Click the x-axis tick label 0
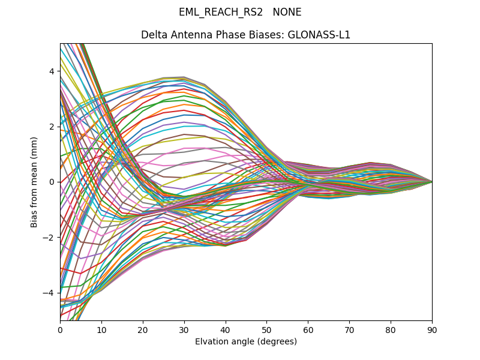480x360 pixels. pyautogui.click(x=60, y=329)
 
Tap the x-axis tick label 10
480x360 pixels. pyautogui.click(x=101, y=329)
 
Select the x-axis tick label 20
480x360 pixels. pyautogui.click(x=143, y=329)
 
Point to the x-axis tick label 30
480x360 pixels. pyautogui.click(x=184, y=329)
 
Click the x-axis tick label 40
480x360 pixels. pyautogui.click(x=226, y=329)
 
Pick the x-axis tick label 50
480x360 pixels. pyautogui.click(x=266, y=329)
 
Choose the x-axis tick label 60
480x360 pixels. pyautogui.click(x=308, y=329)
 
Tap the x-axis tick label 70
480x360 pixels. pyautogui.click(x=349, y=329)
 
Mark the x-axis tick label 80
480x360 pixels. pyautogui.click(x=391, y=329)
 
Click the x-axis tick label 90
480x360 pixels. pyautogui.click(x=432, y=329)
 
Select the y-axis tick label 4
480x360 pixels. pyautogui.click(x=52, y=71)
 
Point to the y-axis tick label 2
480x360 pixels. pyautogui.click(x=52, y=127)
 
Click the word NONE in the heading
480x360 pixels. pyautogui.click(x=287, y=12)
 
